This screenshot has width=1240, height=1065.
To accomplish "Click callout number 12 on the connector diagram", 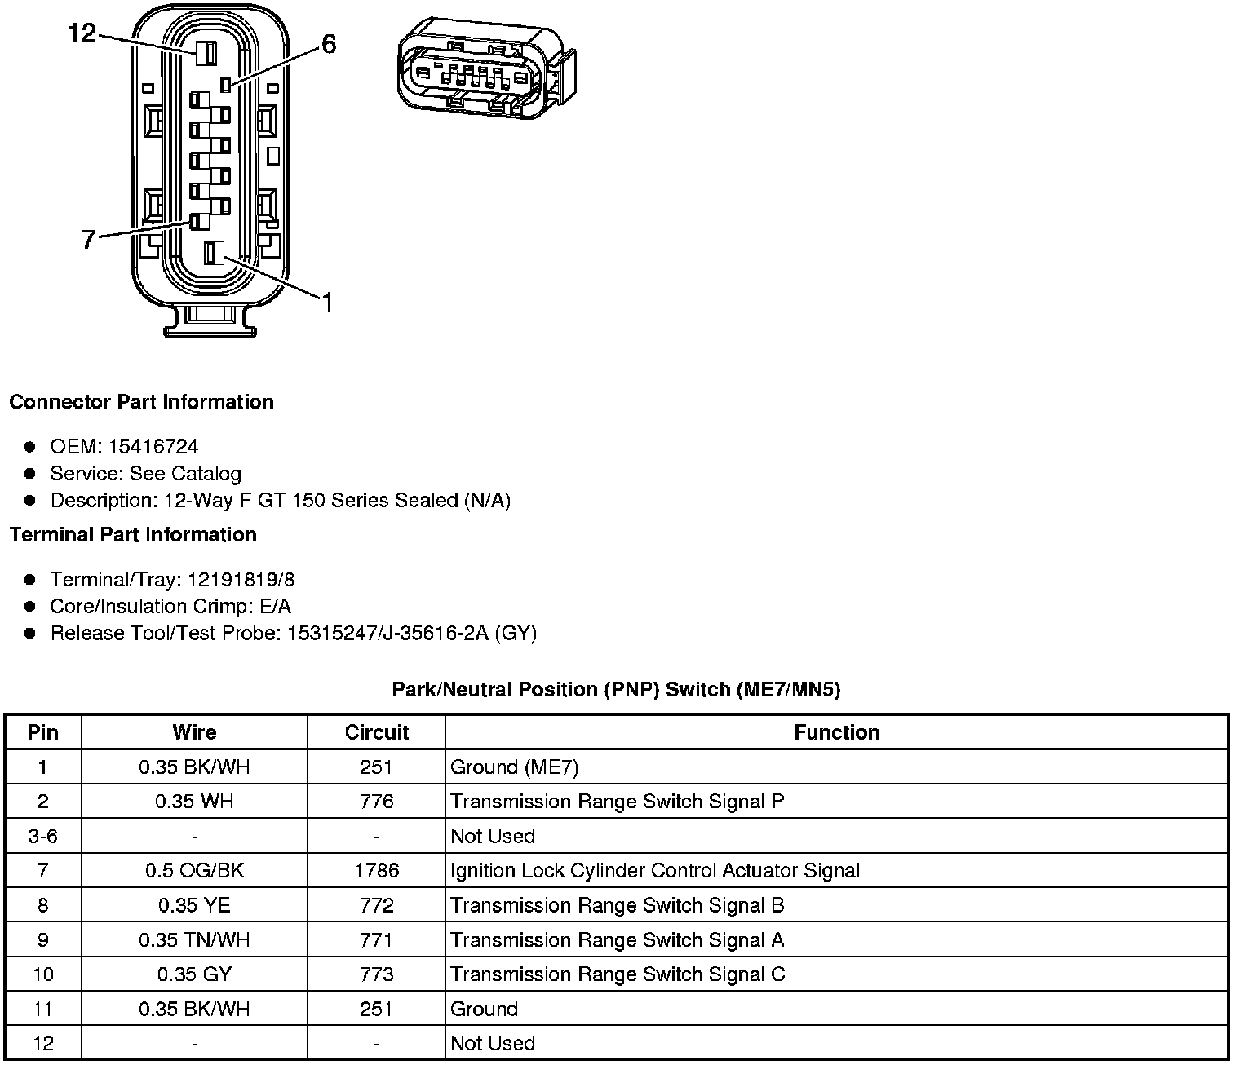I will [x=82, y=33].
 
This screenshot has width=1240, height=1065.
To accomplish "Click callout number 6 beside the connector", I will [x=328, y=44].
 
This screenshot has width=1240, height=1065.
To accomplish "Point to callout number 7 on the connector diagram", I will [x=89, y=239].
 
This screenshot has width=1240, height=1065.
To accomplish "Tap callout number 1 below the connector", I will [x=326, y=303].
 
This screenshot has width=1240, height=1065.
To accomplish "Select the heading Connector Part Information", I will [x=141, y=402].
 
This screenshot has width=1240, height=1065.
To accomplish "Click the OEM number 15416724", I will [x=153, y=447].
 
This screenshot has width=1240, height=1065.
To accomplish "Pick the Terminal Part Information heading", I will [x=133, y=535].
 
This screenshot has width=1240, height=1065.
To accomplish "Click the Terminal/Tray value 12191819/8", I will [x=241, y=580].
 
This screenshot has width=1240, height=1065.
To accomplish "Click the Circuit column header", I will [x=376, y=732].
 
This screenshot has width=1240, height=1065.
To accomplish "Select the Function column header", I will [x=836, y=732].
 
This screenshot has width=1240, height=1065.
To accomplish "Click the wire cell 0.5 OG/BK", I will [x=194, y=871].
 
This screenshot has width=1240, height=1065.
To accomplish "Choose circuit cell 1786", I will [x=376, y=871].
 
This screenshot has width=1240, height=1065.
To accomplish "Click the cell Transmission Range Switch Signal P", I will [x=617, y=802].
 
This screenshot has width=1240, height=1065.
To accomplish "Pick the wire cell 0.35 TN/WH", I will [x=194, y=940].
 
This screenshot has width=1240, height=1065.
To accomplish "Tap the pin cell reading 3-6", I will [x=42, y=837].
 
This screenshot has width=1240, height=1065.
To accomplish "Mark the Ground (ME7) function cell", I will [x=515, y=767].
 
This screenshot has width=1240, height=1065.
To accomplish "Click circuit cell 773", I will [x=376, y=974].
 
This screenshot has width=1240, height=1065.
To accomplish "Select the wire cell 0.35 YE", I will [x=194, y=905].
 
